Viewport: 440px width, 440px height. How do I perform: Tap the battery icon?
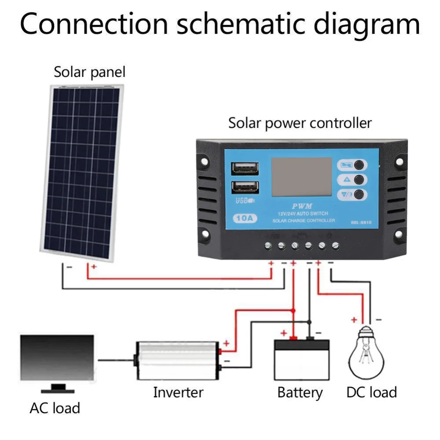(301, 359)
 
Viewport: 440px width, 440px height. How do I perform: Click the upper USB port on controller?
(244, 168)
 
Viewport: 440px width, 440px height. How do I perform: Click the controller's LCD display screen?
(301, 176)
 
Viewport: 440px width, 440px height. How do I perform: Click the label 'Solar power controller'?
(300, 124)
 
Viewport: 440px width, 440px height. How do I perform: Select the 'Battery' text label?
(300, 392)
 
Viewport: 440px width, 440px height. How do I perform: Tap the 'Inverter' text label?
(178, 392)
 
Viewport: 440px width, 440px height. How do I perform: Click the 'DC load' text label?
(371, 392)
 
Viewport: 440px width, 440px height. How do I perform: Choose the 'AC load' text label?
(55, 408)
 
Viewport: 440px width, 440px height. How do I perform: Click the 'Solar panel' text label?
(89, 72)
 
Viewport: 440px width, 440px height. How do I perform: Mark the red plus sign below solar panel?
(93, 267)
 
